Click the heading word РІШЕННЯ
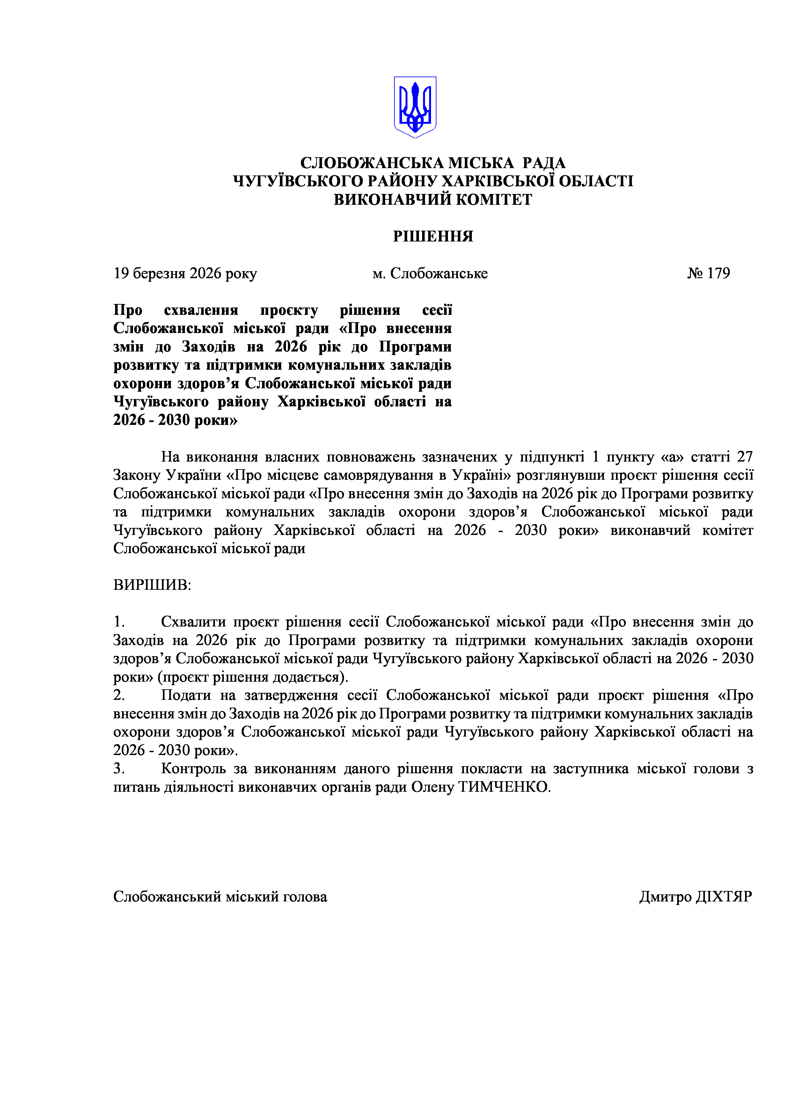tap(433, 236)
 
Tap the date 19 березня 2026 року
tap(185, 273)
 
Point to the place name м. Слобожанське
tap(430, 273)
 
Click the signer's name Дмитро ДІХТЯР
tap(696, 897)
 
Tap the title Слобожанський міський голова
tap(220, 897)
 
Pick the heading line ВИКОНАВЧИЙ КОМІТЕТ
tap(433, 199)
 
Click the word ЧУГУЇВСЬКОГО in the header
tap(297, 181)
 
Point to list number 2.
tap(119, 695)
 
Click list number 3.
tap(119, 768)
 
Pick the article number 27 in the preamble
tap(745, 457)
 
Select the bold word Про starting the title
tap(128, 310)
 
